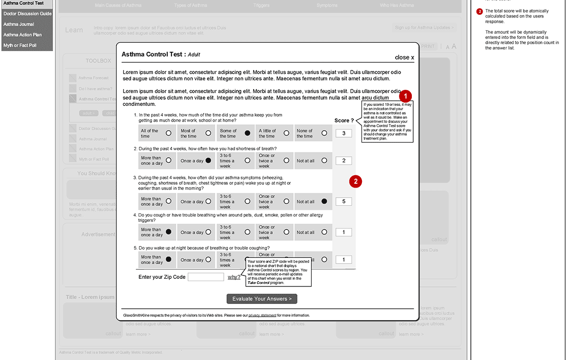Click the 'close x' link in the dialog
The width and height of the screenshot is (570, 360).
click(404, 57)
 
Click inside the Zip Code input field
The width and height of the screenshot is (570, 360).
click(206, 277)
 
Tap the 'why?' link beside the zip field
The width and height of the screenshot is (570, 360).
click(234, 277)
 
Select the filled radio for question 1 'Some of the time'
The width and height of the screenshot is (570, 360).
click(247, 133)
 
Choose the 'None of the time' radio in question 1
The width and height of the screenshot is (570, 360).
click(324, 133)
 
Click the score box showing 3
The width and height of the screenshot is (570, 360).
click(344, 133)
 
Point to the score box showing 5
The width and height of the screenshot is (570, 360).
click(344, 201)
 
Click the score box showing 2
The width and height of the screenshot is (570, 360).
click(344, 161)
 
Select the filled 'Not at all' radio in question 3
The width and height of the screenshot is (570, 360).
click(324, 201)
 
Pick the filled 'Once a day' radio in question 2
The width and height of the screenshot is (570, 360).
click(208, 161)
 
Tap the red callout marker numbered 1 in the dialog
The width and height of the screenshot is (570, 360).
click(405, 95)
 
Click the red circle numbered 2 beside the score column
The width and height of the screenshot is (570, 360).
click(356, 181)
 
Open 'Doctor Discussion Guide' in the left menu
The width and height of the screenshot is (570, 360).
click(27, 14)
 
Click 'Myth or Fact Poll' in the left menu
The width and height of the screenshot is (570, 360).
click(20, 46)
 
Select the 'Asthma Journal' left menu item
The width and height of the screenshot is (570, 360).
click(19, 24)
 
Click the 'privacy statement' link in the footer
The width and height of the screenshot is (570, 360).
click(262, 315)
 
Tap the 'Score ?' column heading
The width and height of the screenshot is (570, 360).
click(344, 121)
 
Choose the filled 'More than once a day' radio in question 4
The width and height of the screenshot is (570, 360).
click(169, 232)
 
